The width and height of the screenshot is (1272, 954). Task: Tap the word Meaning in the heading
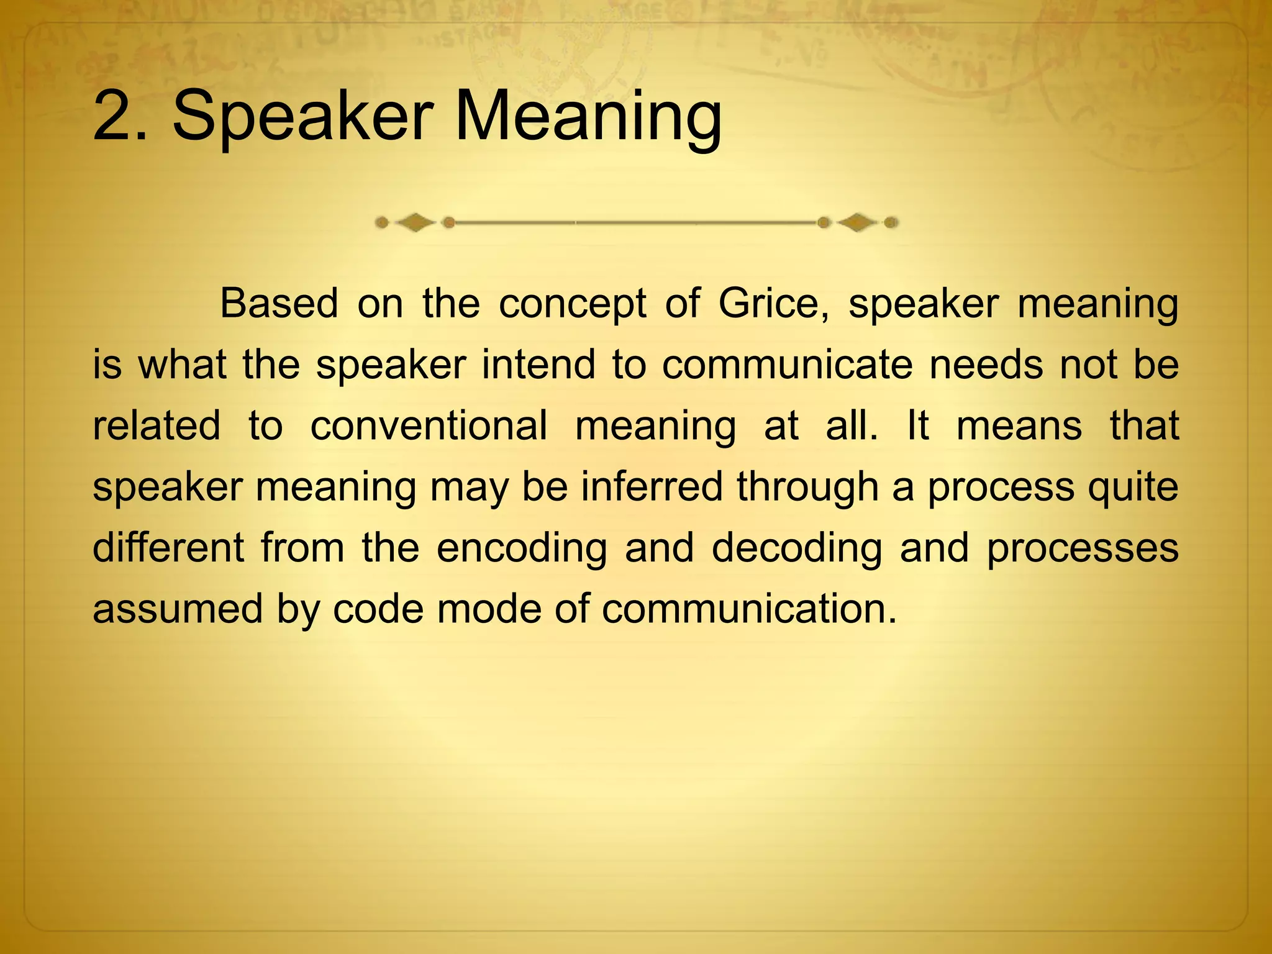588,118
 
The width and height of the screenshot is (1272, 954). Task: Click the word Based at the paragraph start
279,304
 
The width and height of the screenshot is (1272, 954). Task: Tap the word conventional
429,425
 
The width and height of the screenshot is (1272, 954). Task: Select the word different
168,547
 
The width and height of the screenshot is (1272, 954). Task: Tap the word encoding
522,548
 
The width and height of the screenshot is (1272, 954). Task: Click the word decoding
796,548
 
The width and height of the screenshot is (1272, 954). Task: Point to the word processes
1082,548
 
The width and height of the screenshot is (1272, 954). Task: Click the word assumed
178,608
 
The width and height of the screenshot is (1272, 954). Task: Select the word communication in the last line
749,608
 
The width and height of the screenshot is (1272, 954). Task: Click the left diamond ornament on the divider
415,222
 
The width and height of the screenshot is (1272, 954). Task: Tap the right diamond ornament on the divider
858,222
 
